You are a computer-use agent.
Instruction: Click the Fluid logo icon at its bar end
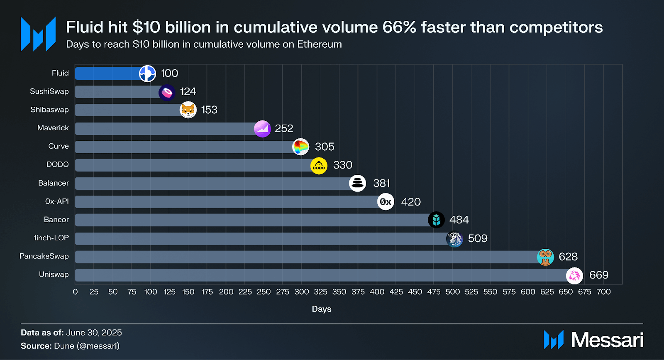click(x=147, y=73)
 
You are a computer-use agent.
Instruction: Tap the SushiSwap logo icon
click(x=167, y=92)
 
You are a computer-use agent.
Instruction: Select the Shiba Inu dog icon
click(x=188, y=110)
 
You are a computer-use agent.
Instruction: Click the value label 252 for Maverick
click(x=284, y=128)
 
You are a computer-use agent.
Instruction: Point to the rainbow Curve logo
click(x=300, y=147)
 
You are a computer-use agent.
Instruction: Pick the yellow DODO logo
click(x=319, y=166)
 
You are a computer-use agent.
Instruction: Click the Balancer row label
click(x=53, y=183)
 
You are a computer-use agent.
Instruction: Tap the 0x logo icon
click(x=386, y=202)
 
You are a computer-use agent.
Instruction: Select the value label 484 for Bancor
click(x=459, y=220)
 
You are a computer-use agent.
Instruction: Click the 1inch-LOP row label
click(x=51, y=238)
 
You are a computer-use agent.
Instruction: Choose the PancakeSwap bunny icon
click(x=545, y=257)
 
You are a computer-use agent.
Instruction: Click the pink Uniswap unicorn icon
click(x=574, y=275)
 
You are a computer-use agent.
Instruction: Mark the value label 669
click(x=599, y=275)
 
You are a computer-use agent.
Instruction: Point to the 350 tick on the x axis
click(x=339, y=292)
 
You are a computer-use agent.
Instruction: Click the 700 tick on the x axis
click(x=603, y=292)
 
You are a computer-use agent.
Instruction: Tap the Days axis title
click(x=322, y=309)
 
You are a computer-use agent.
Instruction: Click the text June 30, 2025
click(x=94, y=333)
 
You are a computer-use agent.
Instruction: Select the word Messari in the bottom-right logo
click(x=607, y=340)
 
